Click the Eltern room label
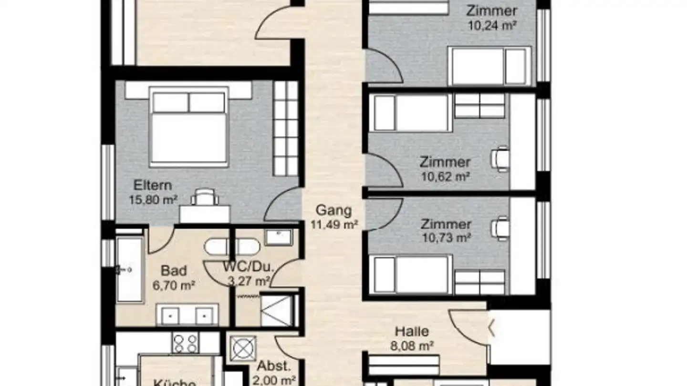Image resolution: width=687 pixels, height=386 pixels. tap(152, 185)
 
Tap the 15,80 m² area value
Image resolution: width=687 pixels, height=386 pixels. tap(153, 200)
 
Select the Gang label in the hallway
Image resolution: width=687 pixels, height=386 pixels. tap(334, 210)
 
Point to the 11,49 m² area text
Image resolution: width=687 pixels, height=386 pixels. tap(334, 224)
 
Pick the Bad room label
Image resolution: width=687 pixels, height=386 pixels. tap(174, 271)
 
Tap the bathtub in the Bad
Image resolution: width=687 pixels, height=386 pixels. tap(129, 269)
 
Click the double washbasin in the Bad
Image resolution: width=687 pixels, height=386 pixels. tap(187, 315)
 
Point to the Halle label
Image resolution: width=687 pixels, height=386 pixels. tap(412, 331)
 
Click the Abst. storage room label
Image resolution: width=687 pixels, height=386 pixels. tap(274, 366)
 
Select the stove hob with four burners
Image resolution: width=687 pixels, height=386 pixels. tap(185, 342)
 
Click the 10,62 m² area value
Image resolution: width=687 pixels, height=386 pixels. tap(445, 177)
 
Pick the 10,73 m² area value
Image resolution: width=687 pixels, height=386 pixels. tap(446, 237)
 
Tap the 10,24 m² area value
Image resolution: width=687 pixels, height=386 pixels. tap(492, 25)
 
